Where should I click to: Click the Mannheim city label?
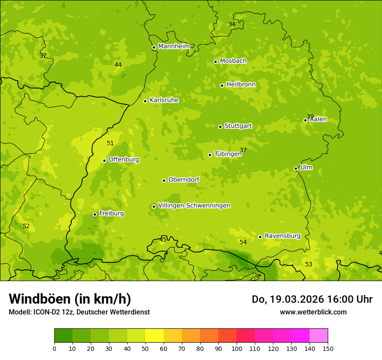[x=174, y=46]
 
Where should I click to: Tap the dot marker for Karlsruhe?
[x=145, y=101]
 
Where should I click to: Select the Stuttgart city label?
[x=238, y=126]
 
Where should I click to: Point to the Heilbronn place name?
[x=241, y=85]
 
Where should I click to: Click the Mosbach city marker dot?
[x=215, y=62]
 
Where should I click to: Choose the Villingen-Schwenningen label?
[x=194, y=206]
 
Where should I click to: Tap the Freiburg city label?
[x=111, y=213]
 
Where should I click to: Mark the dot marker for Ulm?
[x=296, y=168]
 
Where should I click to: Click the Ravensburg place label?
[x=283, y=236]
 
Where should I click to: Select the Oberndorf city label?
[x=184, y=180]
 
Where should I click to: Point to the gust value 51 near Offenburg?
[x=110, y=143]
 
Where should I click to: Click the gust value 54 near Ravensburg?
[x=243, y=242]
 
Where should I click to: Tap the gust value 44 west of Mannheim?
[x=118, y=65]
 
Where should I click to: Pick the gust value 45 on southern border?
[x=163, y=239]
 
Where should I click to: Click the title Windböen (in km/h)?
[x=70, y=299]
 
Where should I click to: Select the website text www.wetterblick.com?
[x=313, y=312]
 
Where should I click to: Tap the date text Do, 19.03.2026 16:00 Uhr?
[x=312, y=299]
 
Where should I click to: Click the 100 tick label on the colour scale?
[x=237, y=348]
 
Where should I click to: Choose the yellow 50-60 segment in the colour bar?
[x=155, y=335]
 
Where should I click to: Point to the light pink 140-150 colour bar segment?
[x=319, y=335]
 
